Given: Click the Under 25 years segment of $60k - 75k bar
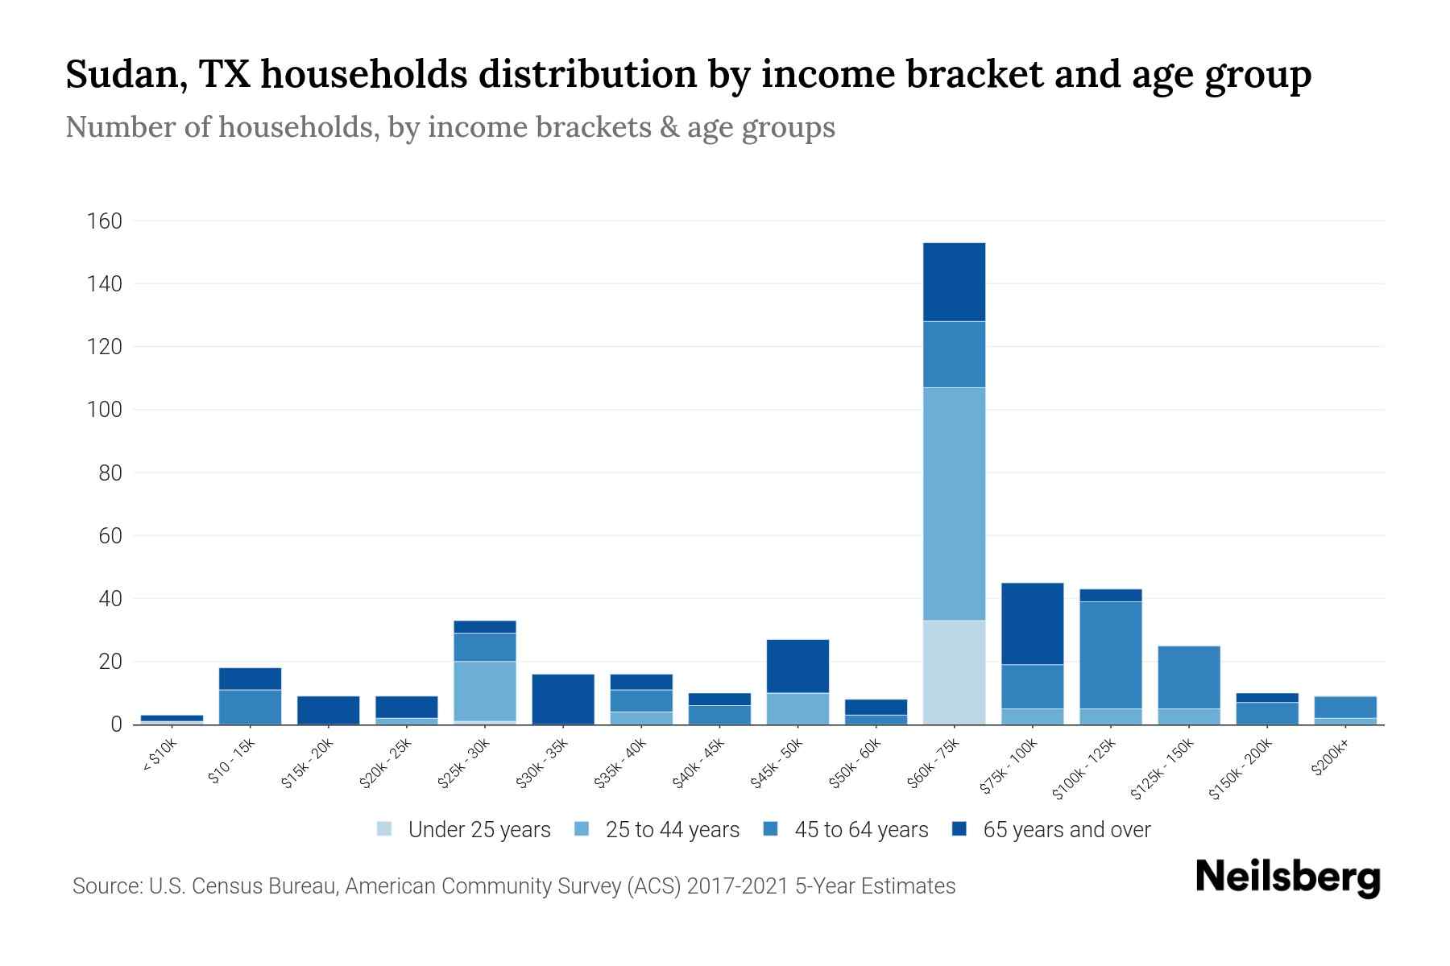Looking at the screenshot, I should [x=954, y=672].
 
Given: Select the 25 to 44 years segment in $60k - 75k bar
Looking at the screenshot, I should [x=954, y=504].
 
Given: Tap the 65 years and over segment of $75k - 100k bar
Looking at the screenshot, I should [x=1032, y=623].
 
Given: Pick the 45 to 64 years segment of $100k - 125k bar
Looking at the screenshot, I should [x=1110, y=654].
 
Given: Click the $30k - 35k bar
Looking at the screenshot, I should [x=563, y=699].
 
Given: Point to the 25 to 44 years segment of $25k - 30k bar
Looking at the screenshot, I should [x=485, y=691].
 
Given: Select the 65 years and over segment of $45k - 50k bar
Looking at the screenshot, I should [x=797, y=666].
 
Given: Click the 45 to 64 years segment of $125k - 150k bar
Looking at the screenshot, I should [x=1188, y=677].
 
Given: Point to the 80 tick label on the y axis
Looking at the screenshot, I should [x=109, y=473].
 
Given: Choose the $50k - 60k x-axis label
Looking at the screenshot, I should [x=855, y=764].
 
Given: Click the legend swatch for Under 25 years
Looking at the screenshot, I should [x=384, y=829].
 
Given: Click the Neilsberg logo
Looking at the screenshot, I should [x=1287, y=878].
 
